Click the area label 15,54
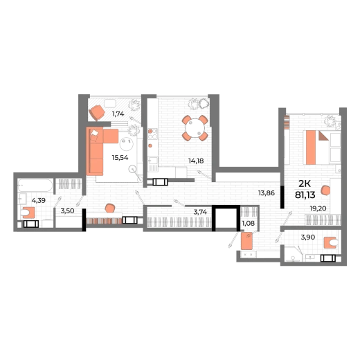(x=120, y=158)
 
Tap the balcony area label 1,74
(x=118, y=114)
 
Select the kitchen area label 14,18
(x=196, y=161)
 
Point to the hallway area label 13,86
(x=267, y=193)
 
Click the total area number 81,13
(x=305, y=195)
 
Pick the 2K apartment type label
(x=305, y=184)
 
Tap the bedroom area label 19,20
(x=318, y=208)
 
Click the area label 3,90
(x=308, y=237)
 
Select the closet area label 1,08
(x=248, y=223)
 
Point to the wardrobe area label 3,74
(x=200, y=212)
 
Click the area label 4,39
(x=39, y=201)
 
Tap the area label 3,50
(x=67, y=211)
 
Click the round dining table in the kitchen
(x=195, y=128)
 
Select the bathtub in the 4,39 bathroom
(x=35, y=186)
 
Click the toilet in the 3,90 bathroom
(x=331, y=243)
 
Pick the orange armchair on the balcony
(x=97, y=112)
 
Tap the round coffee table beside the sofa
(x=127, y=143)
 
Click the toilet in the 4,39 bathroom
(x=28, y=213)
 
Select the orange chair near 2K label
(x=325, y=190)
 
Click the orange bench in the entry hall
(x=246, y=241)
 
